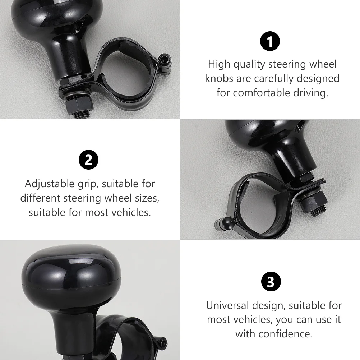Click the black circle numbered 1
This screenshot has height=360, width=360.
(x=270, y=41)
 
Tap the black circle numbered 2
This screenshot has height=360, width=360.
(x=88, y=160)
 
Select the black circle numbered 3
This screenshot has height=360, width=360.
(x=271, y=281)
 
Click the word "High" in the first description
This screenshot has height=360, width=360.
(x=219, y=64)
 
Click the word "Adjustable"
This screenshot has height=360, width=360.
(x=50, y=184)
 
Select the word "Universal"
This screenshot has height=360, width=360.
(x=227, y=306)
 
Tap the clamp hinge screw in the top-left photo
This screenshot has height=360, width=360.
(x=165, y=60)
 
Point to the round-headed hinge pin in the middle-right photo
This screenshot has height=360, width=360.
(x=229, y=222)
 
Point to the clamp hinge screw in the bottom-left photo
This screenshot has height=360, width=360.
(x=162, y=343)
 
